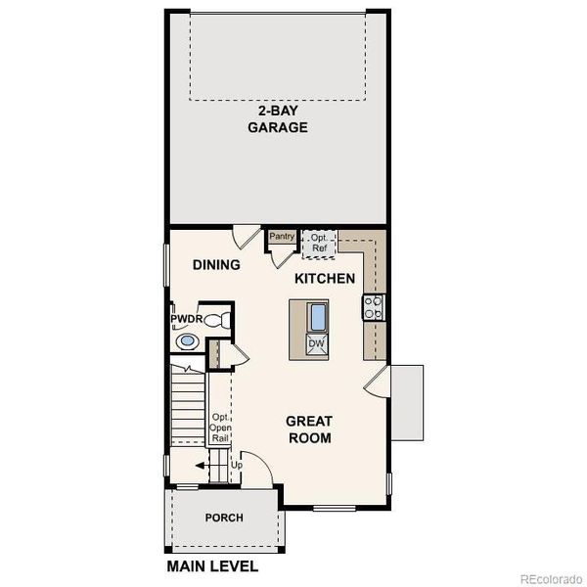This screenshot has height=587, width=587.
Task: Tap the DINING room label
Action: (216, 264)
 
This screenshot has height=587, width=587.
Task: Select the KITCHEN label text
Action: (325, 279)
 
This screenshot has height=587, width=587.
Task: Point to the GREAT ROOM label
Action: (308, 429)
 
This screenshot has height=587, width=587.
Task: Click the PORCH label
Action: (224, 518)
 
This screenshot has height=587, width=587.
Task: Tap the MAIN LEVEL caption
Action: (212, 566)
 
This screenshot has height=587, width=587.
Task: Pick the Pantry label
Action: (282, 236)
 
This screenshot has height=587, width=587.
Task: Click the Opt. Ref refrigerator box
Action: (319, 243)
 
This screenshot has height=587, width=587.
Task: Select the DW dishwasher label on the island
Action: (316, 343)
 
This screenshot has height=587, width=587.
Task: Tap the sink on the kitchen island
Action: (317, 317)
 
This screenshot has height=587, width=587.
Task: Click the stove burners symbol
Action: (373, 307)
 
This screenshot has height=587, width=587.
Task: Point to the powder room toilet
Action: (220, 319)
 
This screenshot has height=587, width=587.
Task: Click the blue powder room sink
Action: (187, 342)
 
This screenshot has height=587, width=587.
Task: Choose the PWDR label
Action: (185, 320)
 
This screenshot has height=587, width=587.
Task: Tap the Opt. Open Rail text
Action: (220, 429)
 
